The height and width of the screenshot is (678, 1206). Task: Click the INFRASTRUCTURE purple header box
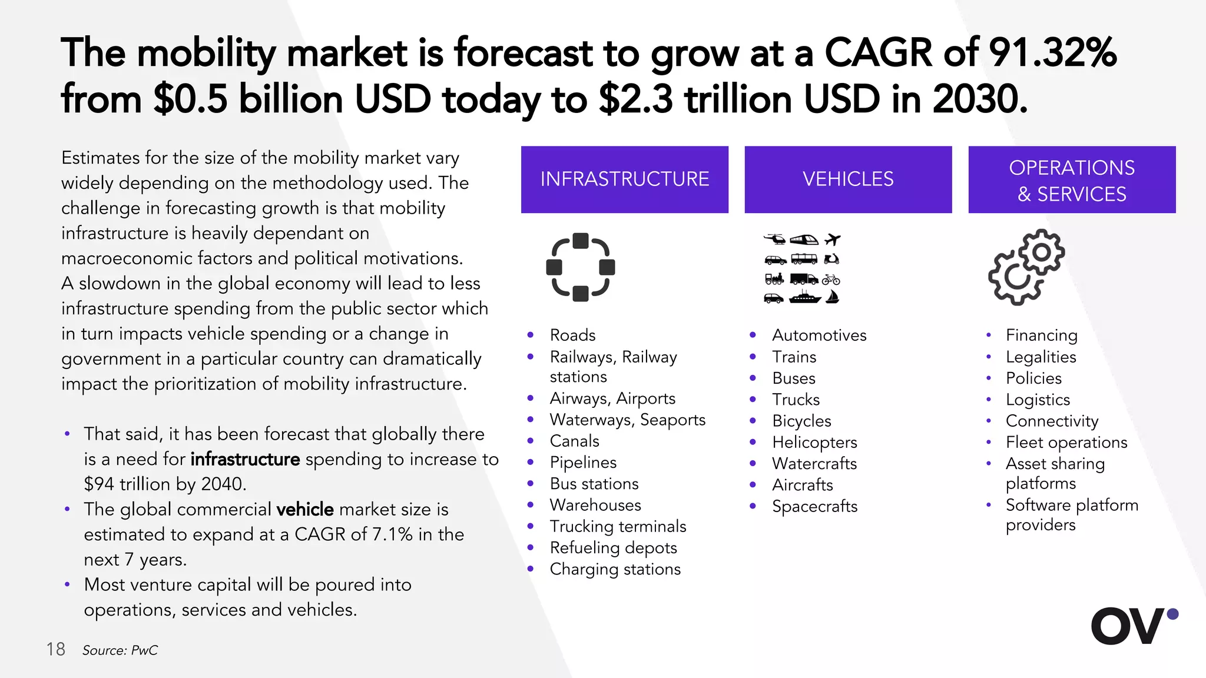(x=624, y=179)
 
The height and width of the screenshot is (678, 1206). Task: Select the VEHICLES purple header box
(x=848, y=179)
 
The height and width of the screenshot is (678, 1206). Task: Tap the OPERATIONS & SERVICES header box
(x=1072, y=180)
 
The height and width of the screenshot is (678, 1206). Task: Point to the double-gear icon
(x=1026, y=267)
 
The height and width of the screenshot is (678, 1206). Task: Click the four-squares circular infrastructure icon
(x=581, y=267)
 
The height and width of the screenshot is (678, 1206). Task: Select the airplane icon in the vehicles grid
(x=833, y=239)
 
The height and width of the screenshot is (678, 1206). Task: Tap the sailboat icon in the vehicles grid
(x=832, y=297)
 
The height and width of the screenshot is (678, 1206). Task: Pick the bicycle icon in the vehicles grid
(x=831, y=279)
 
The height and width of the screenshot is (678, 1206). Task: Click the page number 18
(x=56, y=649)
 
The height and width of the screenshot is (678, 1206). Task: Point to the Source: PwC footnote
(x=120, y=650)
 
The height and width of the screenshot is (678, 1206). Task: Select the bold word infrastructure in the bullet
(x=245, y=459)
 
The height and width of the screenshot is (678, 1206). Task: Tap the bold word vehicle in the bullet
(x=305, y=509)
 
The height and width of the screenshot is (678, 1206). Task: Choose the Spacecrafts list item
(x=814, y=506)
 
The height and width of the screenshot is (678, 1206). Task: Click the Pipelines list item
(x=583, y=463)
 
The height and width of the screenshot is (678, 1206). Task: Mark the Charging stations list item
(x=615, y=569)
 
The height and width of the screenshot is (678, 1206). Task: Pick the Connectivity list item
(x=1052, y=421)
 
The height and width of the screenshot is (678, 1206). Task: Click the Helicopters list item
(x=814, y=442)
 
